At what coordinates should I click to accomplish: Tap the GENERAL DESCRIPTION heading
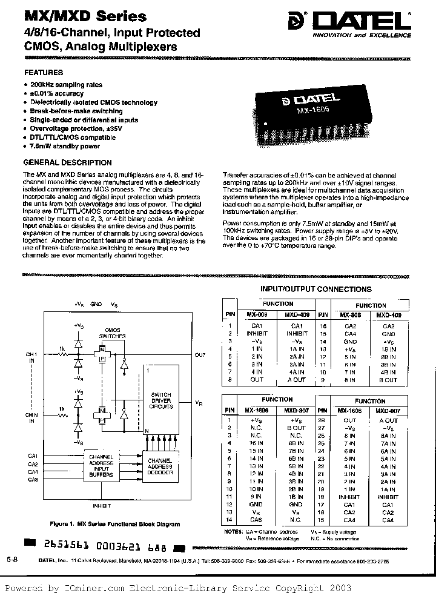point(67,162)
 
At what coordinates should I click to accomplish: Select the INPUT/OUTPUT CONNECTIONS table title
point(315,290)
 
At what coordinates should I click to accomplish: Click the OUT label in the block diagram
point(200,355)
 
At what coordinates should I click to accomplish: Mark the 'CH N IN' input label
point(32,416)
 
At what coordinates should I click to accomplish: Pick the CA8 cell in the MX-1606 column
point(256,520)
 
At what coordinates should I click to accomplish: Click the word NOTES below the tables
point(233,531)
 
